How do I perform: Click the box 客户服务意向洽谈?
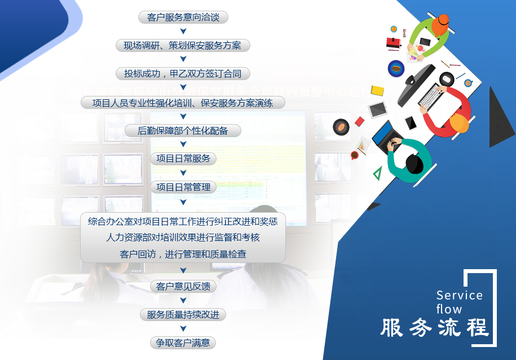[x=183, y=17]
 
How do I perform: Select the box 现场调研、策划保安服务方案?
[x=183, y=46]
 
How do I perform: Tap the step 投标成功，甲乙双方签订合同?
[x=183, y=74]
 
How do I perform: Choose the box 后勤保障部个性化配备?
[x=183, y=131]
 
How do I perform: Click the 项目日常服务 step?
[x=183, y=159]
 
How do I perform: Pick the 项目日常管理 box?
[x=183, y=187]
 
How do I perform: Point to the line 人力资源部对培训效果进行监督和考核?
[x=183, y=238]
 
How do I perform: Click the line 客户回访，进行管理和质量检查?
[x=183, y=254]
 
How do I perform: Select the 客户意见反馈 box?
[x=183, y=287]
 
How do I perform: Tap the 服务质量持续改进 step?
[x=183, y=315]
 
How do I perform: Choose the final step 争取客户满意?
[x=183, y=343]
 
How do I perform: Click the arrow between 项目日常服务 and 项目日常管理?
[x=183, y=173]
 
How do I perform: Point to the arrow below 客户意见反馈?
[x=183, y=301]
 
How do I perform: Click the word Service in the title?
[x=460, y=295]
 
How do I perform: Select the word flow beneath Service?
[x=449, y=309]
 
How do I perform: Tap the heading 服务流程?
[x=434, y=328]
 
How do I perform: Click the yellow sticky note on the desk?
[x=377, y=90]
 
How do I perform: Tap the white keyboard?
[x=431, y=96]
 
